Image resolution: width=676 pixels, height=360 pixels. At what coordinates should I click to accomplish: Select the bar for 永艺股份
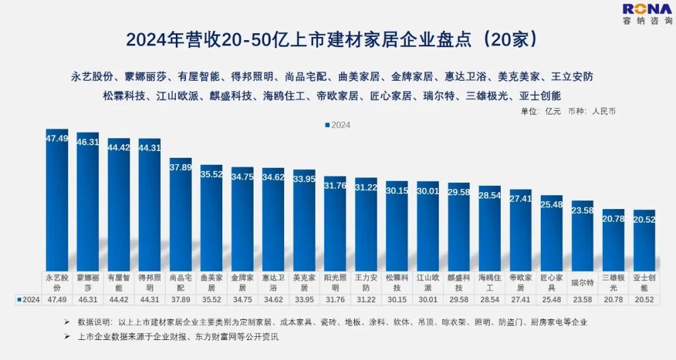coord(57,200)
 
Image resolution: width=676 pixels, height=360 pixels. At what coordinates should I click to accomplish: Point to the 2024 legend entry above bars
coord(338,125)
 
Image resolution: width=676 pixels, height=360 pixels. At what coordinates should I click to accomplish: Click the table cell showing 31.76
coord(335,299)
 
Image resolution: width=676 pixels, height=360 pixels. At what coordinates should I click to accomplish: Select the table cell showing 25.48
coord(551,299)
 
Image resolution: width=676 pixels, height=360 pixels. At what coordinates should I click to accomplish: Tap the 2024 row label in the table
coord(29,299)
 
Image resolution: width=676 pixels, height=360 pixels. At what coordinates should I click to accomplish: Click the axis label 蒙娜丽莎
coord(88,282)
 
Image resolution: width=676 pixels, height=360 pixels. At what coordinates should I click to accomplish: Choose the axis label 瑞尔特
coord(582,282)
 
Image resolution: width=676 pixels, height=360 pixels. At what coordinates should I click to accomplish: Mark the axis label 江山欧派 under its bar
coord(428,282)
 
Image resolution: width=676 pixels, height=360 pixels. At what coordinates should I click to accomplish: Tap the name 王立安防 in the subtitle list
coord(571,77)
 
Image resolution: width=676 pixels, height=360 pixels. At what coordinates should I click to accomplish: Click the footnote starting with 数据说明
coord(325,322)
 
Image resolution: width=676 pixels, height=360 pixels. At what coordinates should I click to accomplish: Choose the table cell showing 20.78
coord(613,299)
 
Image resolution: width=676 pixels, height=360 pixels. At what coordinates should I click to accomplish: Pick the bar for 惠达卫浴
coord(273,219)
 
